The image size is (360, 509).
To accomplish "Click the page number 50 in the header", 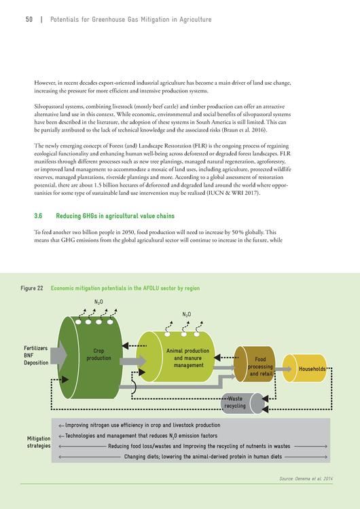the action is [x=29, y=20].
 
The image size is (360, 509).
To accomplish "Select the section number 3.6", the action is [x=38, y=216].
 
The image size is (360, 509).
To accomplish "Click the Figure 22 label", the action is [x=32, y=288].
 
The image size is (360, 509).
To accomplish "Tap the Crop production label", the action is [x=98, y=354].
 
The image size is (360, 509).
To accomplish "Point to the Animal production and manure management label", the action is [x=187, y=358].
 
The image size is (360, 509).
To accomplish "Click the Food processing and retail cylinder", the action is [x=255, y=364].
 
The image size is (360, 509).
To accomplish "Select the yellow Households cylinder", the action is [x=304, y=368].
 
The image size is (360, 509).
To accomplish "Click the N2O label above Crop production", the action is [x=98, y=302].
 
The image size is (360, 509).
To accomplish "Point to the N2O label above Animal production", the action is [x=187, y=314].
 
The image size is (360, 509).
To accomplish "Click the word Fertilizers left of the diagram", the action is [x=36, y=348].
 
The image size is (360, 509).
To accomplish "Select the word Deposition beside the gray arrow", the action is [x=36, y=362].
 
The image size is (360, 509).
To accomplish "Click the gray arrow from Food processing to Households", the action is [x=283, y=369].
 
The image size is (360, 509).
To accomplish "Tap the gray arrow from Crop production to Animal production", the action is [x=133, y=361].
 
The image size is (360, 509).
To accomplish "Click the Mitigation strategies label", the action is [x=39, y=442].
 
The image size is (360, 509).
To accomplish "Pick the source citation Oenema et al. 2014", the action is [x=306, y=478].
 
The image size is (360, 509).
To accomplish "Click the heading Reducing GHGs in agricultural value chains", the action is [x=115, y=216].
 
